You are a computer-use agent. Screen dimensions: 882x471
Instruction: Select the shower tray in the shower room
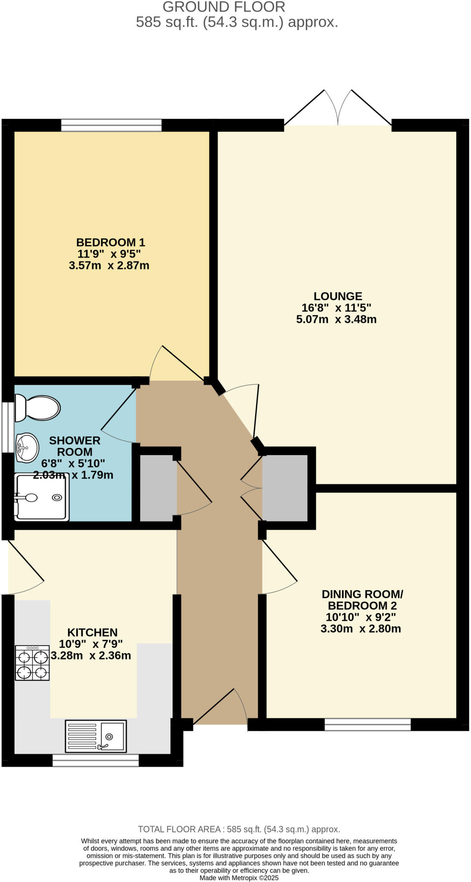41,497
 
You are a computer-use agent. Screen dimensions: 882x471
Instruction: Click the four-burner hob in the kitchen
32,663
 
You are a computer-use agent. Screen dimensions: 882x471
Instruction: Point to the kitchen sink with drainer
96,736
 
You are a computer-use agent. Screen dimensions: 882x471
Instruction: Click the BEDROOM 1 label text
110,242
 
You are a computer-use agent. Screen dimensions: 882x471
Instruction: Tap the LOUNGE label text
337,296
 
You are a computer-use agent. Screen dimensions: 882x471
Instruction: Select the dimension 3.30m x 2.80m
360,629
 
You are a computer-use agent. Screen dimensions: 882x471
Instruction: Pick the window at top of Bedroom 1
111,125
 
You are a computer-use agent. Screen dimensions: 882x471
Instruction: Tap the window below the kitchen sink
96,761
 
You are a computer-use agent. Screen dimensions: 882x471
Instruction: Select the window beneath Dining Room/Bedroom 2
367,725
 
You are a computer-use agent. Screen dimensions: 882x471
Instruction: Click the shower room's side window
7,427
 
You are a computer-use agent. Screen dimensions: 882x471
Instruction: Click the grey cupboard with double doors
285,488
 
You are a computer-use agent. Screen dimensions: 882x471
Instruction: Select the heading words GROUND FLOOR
224,7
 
